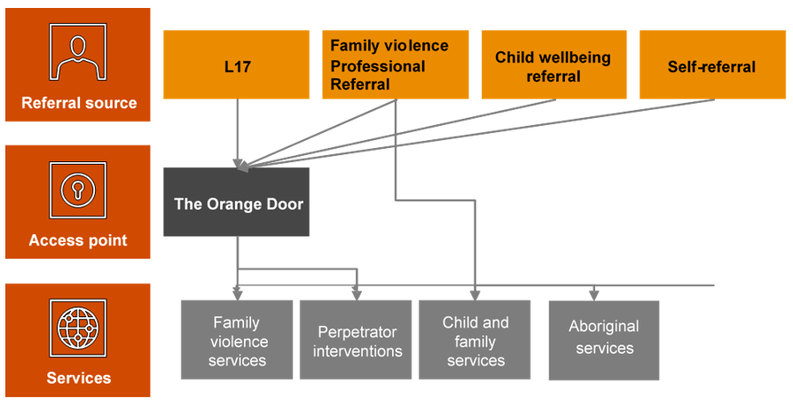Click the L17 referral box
pos(236,66)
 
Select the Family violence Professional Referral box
pos(395,65)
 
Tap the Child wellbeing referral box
pos(554,66)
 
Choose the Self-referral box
pos(711,66)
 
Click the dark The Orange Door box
pos(236,203)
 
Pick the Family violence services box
pos(238,341)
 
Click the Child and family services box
pos(475,341)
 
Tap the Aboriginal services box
pos(604,339)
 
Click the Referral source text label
pos(79,103)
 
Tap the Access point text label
pos(78,240)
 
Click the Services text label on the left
pos(79,378)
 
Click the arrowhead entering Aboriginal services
pos(593,294)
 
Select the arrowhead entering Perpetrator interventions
pos(357,293)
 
